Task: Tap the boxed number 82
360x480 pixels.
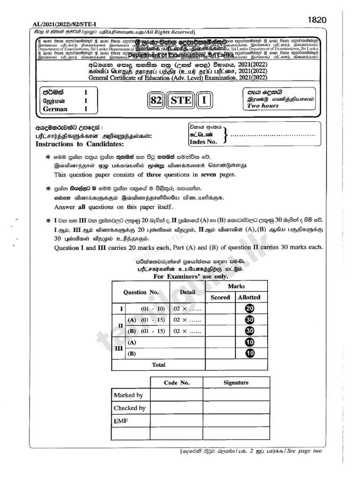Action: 157,100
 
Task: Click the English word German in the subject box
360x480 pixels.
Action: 55,109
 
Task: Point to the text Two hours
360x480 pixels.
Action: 263,106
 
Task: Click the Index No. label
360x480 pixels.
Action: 202,142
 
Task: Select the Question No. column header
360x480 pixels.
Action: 141,292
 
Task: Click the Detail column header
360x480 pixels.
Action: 187,292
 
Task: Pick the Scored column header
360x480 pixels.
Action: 220,297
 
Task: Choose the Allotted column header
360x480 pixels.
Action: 249,297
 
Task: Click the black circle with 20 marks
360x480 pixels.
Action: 249,308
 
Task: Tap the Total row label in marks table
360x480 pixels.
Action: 158,364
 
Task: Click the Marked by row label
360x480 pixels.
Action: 128,395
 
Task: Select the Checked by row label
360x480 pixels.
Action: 130,408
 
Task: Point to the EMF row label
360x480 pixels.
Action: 121,421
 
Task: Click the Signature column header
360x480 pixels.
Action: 236,382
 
